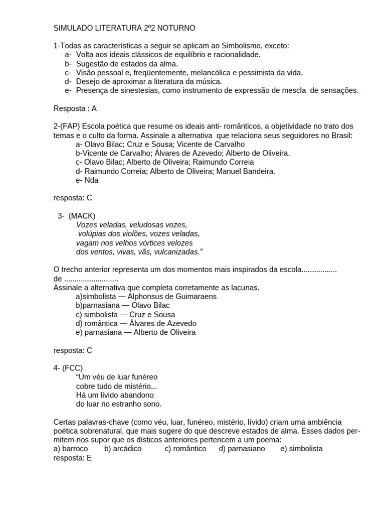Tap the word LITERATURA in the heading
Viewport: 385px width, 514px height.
click(x=113, y=28)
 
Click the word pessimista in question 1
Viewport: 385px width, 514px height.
click(x=255, y=73)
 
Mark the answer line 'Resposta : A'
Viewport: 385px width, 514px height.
click(x=75, y=108)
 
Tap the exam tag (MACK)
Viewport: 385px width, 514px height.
click(x=82, y=216)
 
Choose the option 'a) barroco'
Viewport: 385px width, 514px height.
click(x=71, y=449)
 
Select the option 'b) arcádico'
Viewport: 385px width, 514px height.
click(x=123, y=449)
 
